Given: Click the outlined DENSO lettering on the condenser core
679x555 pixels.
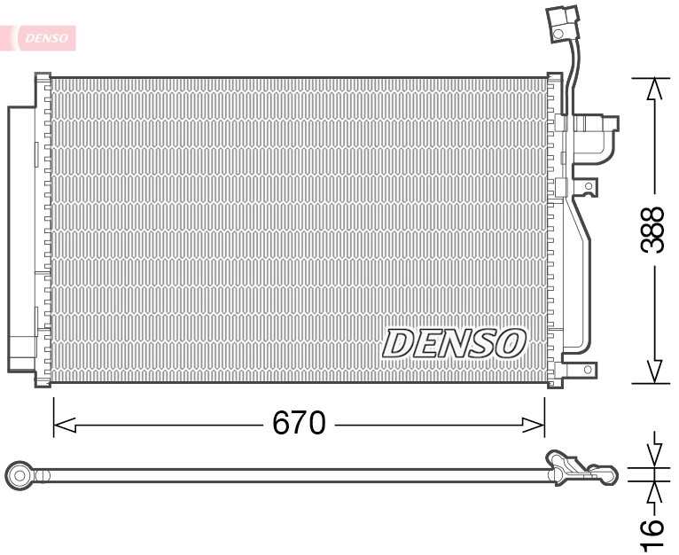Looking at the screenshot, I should pyautogui.click(x=454, y=343).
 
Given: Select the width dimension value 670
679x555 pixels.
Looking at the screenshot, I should pyautogui.click(x=299, y=424).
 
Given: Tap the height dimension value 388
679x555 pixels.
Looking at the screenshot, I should pyautogui.click(x=653, y=230).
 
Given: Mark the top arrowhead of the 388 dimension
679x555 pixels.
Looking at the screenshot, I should pyautogui.click(x=654, y=89).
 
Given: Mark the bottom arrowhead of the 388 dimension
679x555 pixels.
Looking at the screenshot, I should pyautogui.click(x=654, y=372).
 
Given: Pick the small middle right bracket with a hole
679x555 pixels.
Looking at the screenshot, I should pyautogui.click(x=589, y=186).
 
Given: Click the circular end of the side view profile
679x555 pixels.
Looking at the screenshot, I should pyautogui.click(x=20, y=475).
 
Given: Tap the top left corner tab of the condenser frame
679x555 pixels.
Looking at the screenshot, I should pyautogui.click(x=42, y=81).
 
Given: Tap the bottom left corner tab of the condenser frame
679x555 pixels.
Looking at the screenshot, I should pyautogui.click(x=42, y=380).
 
